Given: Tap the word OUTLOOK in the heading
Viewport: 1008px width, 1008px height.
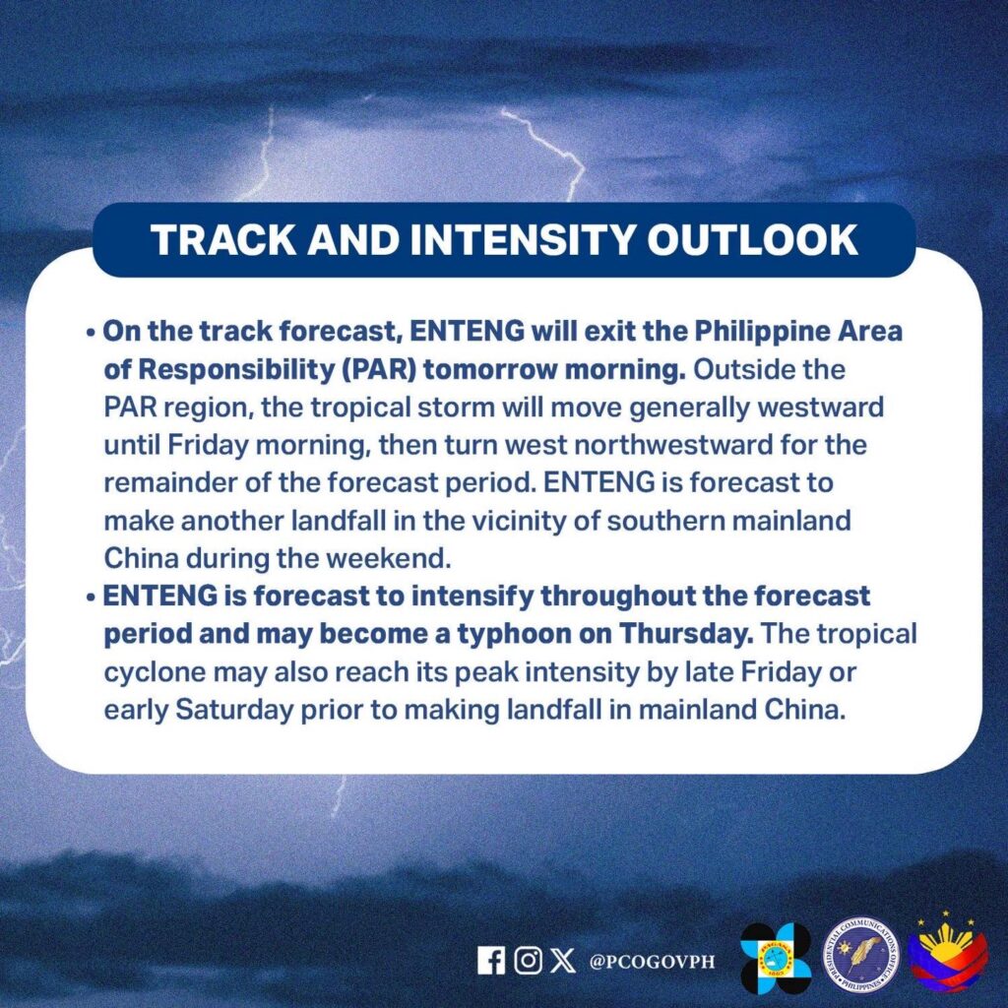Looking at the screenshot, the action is click(x=752, y=240).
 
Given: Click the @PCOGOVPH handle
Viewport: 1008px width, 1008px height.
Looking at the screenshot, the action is click(x=652, y=962).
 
